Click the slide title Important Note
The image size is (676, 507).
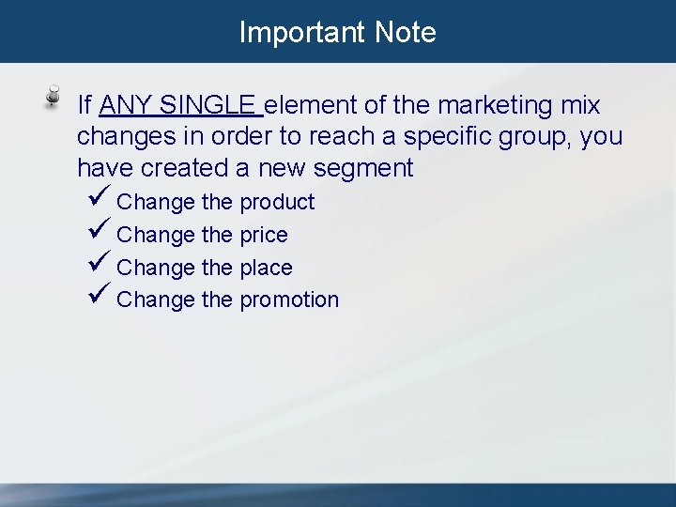point(337,32)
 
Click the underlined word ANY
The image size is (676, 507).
point(126,105)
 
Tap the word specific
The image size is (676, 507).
point(454,137)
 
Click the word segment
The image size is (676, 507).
point(364,169)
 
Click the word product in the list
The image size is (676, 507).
point(277,203)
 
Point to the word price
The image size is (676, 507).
point(264,236)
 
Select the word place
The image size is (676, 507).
point(266,269)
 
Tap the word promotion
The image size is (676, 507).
point(289,300)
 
